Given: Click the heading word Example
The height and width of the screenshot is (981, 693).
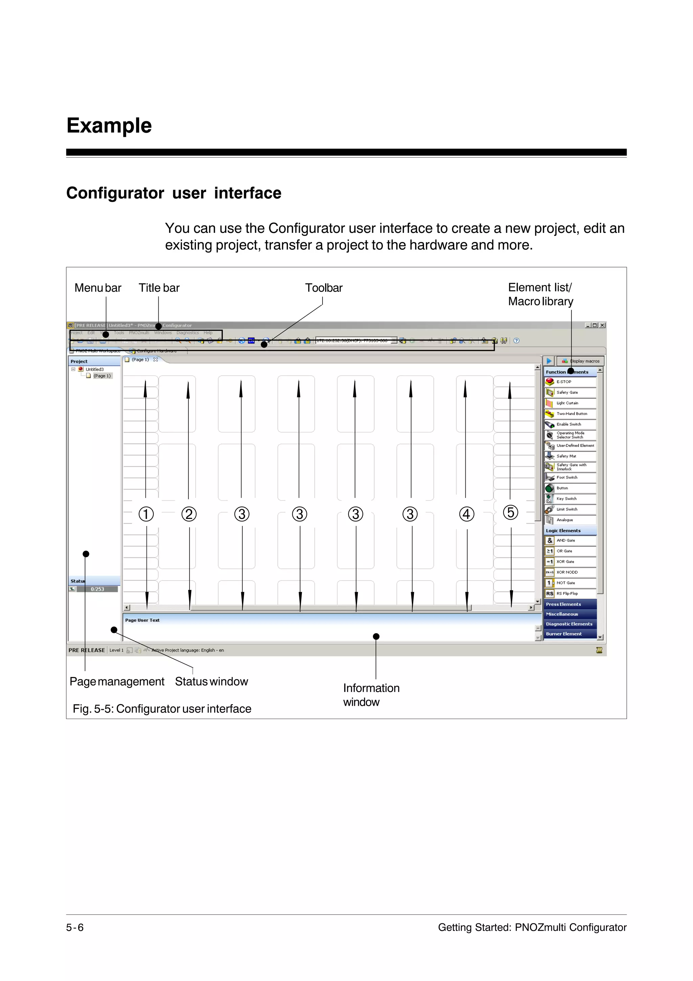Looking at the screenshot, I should [x=109, y=126].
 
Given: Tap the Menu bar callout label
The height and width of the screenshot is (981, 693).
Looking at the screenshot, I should [x=98, y=288].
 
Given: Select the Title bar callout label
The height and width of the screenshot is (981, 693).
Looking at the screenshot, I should [x=159, y=288].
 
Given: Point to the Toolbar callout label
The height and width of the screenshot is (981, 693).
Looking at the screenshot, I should [x=323, y=288].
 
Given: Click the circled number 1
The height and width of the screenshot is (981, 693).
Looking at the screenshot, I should [x=146, y=514].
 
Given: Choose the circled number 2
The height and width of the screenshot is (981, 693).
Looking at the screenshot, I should [x=189, y=514].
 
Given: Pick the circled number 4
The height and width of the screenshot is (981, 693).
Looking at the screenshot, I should [x=466, y=514].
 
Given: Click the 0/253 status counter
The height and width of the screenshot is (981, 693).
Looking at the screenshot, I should [x=97, y=589].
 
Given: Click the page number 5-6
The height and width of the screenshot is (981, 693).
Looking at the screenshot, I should [x=75, y=928].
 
